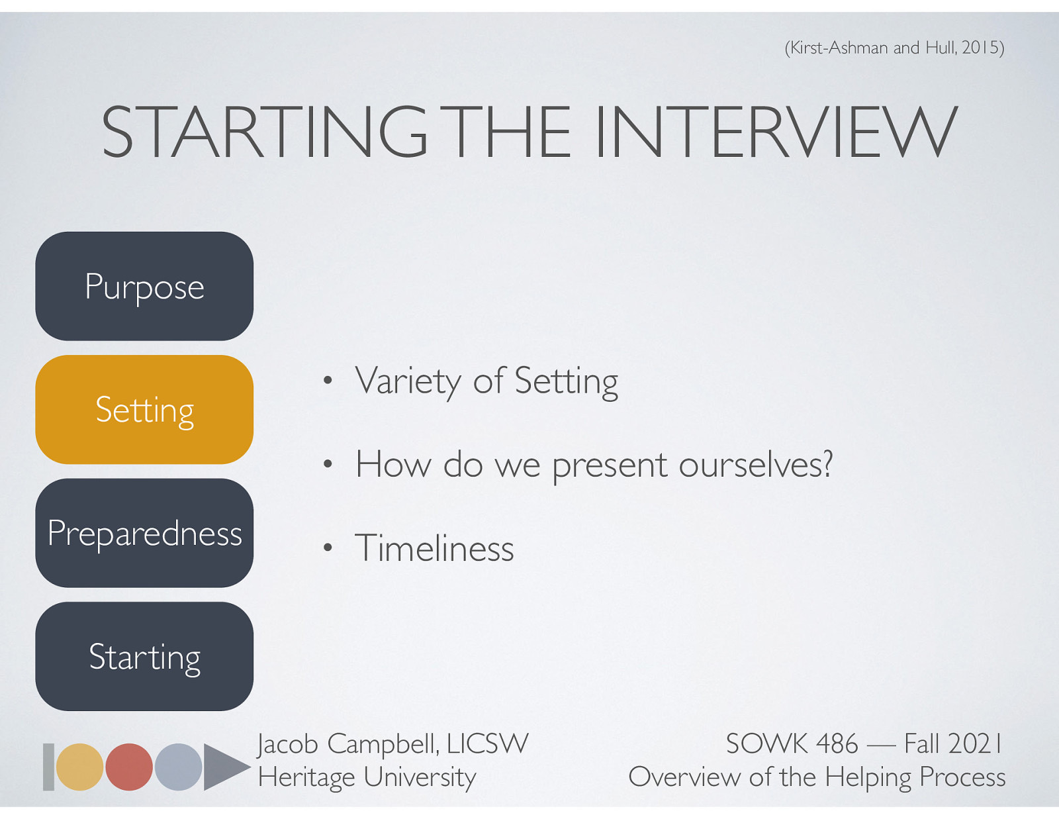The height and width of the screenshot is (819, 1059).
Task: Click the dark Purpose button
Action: (x=144, y=286)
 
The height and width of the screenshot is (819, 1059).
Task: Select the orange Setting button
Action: (x=144, y=410)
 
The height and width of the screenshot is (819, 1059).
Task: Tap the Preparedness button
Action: (x=144, y=533)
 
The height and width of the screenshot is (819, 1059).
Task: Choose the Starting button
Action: (x=144, y=656)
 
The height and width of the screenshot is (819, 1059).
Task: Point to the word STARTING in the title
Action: (x=265, y=132)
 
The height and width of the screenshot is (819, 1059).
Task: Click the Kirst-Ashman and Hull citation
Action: (x=894, y=48)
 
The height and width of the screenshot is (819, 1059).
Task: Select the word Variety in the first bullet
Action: (x=408, y=381)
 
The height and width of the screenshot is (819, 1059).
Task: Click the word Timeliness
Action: (x=434, y=548)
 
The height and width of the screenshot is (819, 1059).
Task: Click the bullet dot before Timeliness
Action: (x=327, y=548)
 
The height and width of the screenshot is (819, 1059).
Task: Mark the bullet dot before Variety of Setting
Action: (x=327, y=381)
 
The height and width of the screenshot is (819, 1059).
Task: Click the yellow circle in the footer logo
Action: (x=79, y=767)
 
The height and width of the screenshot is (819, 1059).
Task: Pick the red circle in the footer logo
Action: (x=129, y=767)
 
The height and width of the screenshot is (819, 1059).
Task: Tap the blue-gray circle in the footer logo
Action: (x=178, y=767)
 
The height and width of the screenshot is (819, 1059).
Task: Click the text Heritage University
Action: (x=367, y=777)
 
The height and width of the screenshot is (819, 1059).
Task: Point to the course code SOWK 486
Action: (x=792, y=744)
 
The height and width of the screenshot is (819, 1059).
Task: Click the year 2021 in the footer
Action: (x=976, y=744)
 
